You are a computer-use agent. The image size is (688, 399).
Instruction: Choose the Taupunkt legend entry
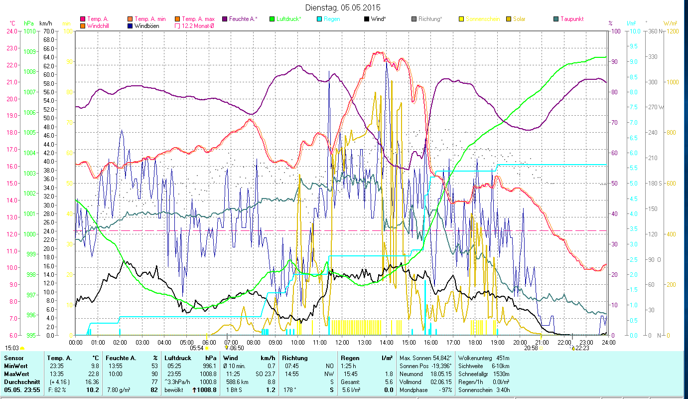(571, 19)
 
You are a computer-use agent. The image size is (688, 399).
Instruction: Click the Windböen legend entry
(146, 26)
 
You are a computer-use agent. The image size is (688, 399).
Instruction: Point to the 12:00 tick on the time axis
(342, 342)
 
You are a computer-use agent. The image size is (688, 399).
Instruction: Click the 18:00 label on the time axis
(475, 342)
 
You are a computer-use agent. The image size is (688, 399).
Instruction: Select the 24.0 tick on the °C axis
(12, 31)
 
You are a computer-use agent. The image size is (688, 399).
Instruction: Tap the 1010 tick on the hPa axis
(29, 31)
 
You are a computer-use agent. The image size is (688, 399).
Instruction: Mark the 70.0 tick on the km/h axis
(49, 31)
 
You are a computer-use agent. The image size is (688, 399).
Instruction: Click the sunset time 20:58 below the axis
(531, 348)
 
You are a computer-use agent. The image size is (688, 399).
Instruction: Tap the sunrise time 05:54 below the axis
(197, 348)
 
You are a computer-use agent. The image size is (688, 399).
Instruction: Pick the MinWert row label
(15, 366)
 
